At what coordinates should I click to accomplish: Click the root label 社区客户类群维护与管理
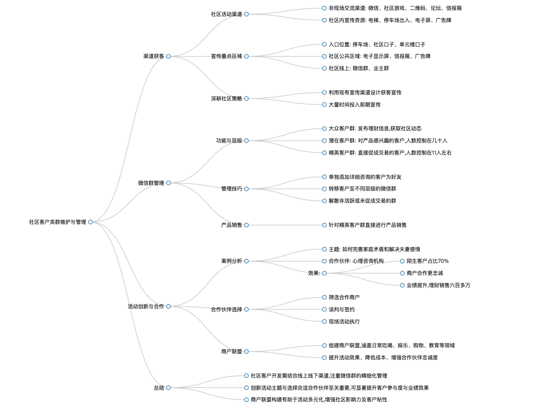tap(58, 222)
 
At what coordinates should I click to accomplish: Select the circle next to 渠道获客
tap(168, 56)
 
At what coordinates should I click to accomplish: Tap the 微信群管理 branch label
tap(151, 183)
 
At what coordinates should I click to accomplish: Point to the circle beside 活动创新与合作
tap(168, 306)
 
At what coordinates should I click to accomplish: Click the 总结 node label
tap(159, 388)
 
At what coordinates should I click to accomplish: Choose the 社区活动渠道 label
tap(227, 14)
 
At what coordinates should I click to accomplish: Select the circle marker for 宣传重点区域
tap(246, 56)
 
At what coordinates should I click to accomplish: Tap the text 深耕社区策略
tap(227, 98)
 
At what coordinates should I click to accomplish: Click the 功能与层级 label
tap(229, 141)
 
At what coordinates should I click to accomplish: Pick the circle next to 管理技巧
tap(246, 189)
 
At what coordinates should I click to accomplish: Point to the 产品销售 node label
tap(232, 225)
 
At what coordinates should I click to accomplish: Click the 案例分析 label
tap(232, 261)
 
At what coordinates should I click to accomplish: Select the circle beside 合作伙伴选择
tap(246, 309)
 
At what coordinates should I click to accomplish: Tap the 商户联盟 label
tap(232, 352)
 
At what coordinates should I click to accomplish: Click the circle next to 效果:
tap(324, 273)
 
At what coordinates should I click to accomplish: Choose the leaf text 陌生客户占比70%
tap(427, 261)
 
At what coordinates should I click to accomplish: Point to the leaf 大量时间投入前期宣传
tap(354, 105)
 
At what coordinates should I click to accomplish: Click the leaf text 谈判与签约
tap(342, 309)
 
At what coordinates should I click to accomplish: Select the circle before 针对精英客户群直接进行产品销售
tap(324, 225)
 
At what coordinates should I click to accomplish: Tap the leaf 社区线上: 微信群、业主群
tap(359, 68)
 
